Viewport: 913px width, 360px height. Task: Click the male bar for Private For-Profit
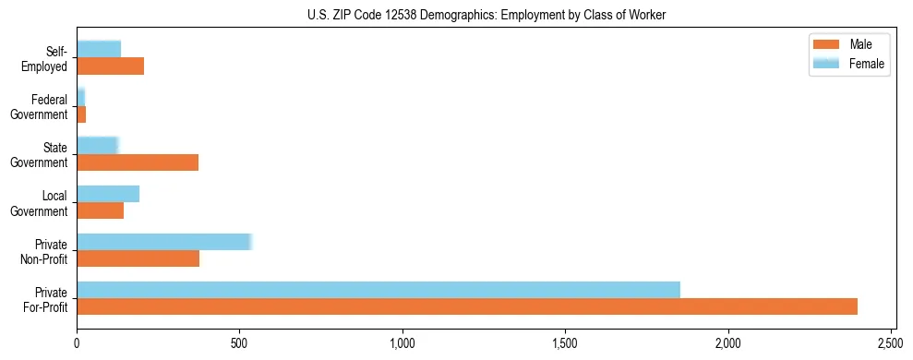click(x=467, y=306)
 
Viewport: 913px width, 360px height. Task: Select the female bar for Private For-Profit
click(x=378, y=290)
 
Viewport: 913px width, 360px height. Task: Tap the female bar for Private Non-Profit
click(x=164, y=242)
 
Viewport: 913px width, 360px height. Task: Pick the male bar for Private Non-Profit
click(x=138, y=258)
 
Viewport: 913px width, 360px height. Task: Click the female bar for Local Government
click(x=108, y=194)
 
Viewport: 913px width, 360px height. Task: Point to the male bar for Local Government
click(x=101, y=210)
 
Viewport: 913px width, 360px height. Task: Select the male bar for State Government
click(x=138, y=162)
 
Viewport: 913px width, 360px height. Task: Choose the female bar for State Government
click(x=98, y=146)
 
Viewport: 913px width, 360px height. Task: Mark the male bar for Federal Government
click(x=81, y=114)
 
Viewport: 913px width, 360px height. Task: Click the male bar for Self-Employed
click(x=111, y=66)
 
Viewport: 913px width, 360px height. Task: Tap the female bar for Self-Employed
click(x=99, y=50)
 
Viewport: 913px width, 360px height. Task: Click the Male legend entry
click(x=847, y=44)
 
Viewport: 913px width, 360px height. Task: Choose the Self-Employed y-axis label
click(x=45, y=58)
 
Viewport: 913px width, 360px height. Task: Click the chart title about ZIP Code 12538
click(x=487, y=15)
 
